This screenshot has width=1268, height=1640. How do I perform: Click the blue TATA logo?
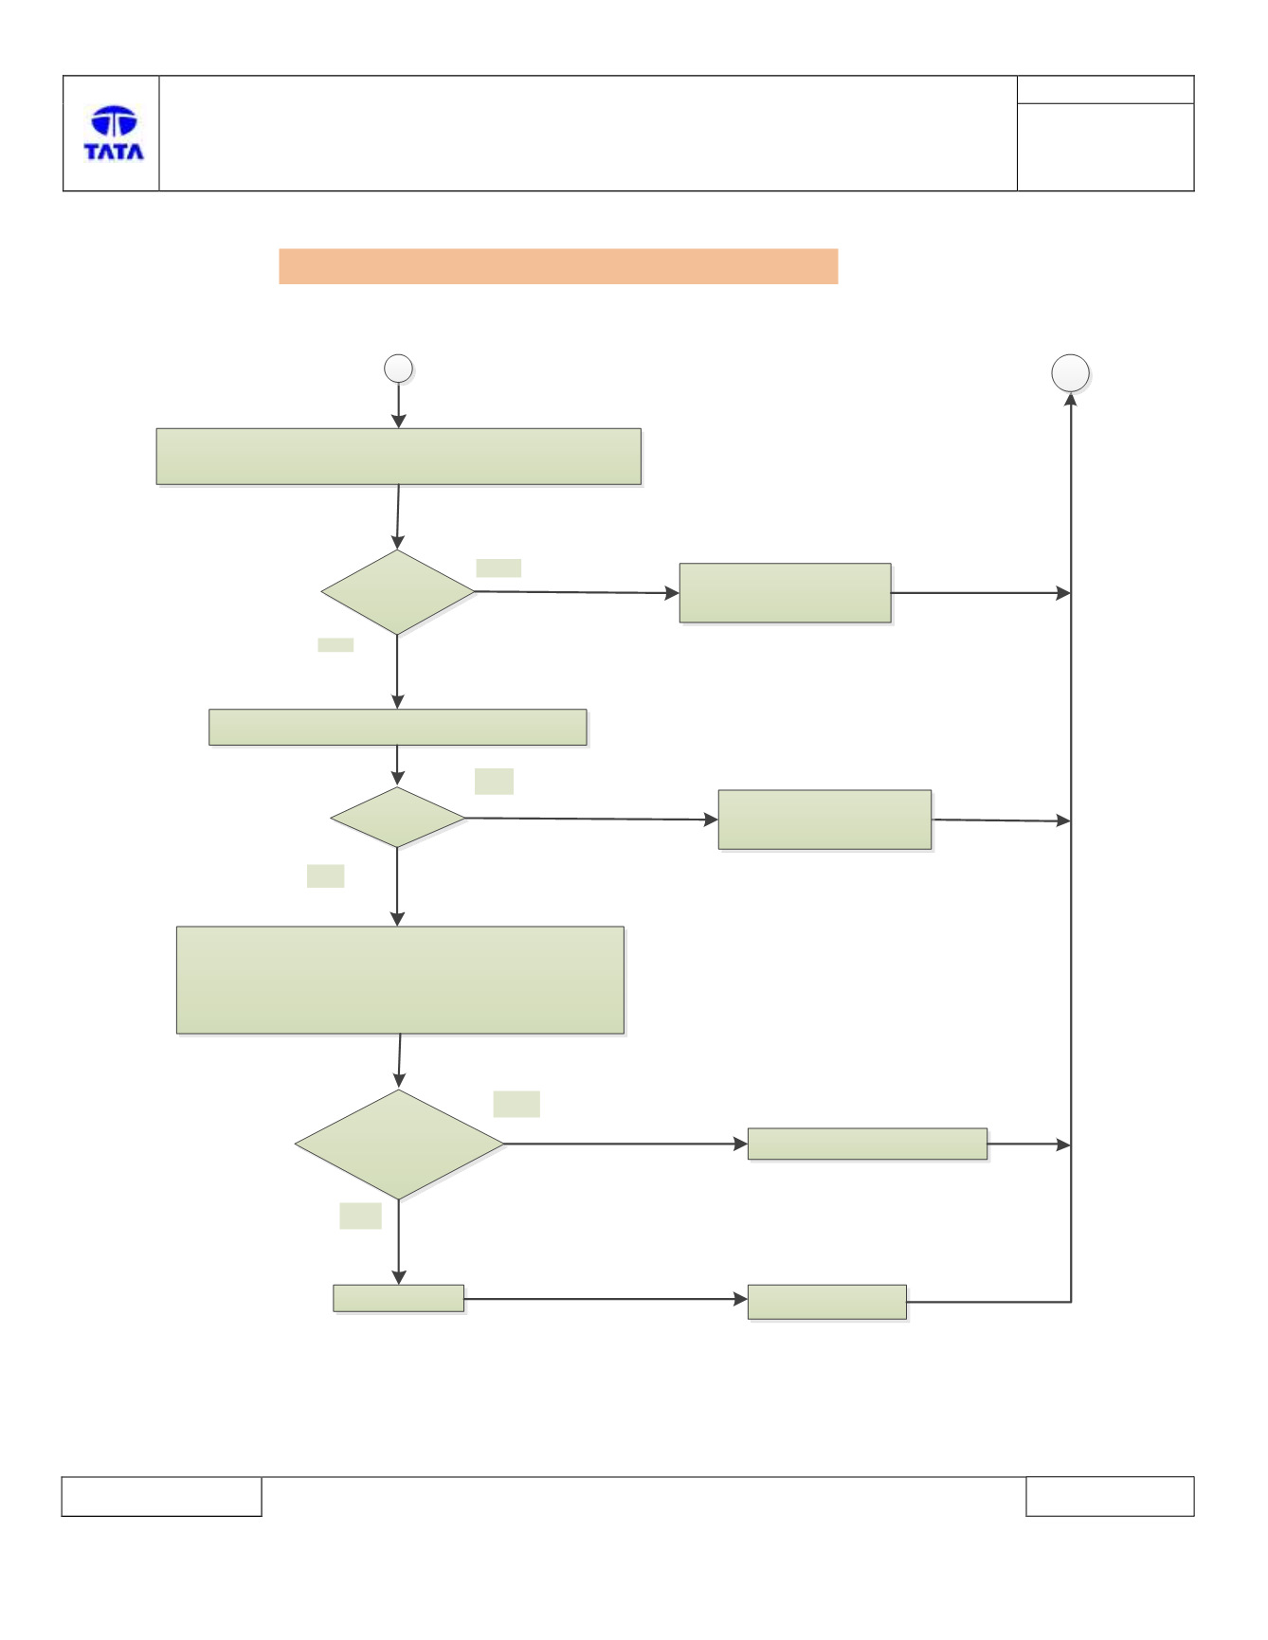[x=114, y=133]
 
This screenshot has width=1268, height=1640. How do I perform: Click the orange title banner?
[x=558, y=266]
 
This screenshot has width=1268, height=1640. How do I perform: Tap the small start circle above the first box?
[x=398, y=369]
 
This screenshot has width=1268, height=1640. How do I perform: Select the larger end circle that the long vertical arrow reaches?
[x=1071, y=373]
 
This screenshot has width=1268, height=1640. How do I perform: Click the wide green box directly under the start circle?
[x=399, y=457]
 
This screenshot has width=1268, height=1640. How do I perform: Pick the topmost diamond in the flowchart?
[x=398, y=592]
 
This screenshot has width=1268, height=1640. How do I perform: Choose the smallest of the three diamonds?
[x=398, y=817]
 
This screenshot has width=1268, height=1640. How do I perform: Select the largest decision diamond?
[x=399, y=1144]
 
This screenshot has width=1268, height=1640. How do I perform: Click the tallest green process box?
[x=400, y=980]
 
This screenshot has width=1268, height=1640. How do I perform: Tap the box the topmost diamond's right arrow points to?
[x=786, y=593]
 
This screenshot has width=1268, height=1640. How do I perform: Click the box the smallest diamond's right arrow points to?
[x=825, y=820]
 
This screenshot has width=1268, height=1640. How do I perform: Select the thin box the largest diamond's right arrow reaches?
[x=867, y=1144]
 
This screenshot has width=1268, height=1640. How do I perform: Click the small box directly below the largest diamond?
[x=399, y=1298]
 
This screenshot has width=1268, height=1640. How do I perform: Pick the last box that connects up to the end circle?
[x=827, y=1302]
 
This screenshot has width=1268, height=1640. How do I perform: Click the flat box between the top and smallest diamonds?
[x=398, y=727]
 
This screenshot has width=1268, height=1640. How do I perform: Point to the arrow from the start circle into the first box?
[x=398, y=405]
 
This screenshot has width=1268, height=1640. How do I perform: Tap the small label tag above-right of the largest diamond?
[x=516, y=1104]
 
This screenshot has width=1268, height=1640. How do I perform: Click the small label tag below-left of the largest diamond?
[x=360, y=1216]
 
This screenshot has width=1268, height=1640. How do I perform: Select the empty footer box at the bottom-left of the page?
[x=161, y=1496]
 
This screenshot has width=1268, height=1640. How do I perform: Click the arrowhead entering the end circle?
[x=1071, y=399]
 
